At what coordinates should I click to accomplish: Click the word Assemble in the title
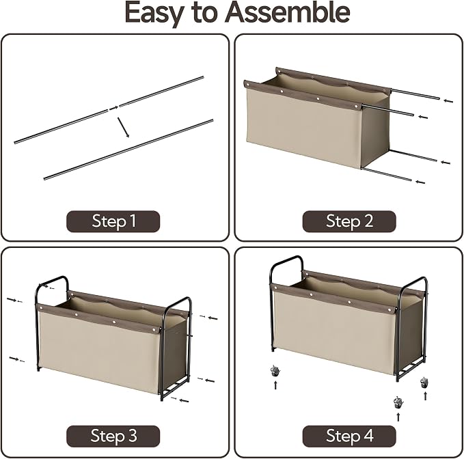click(287, 12)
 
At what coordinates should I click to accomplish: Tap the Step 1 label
click(113, 221)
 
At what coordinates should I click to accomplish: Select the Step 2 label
click(349, 221)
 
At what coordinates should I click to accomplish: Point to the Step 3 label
click(113, 436)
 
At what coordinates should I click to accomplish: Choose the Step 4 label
click(349, 436)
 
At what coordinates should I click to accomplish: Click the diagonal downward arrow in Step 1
click(124, 128)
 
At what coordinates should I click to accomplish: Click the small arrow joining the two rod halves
click(113, 108)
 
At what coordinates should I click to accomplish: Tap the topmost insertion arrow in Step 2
click(448, 101)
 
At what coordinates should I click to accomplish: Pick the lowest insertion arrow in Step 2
click(420, 182)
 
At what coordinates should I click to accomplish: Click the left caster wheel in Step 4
click(275, 371)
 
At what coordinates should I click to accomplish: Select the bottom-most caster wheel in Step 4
click(398, 402)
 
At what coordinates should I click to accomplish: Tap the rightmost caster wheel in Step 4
click(424, 382)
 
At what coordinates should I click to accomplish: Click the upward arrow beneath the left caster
click(275, 385)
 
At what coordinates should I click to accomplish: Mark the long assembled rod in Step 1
click(128, 150)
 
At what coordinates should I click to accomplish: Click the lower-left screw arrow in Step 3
click(16, 359)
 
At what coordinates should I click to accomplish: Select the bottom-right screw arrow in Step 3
click(180, 400)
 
